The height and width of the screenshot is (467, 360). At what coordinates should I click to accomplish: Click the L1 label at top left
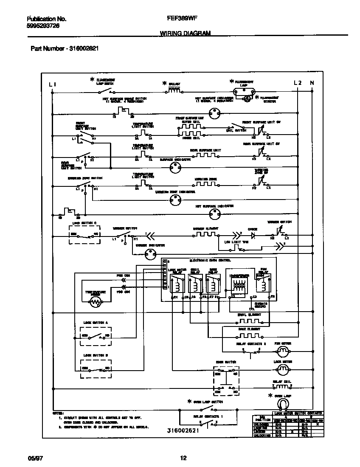[x=52, y=84]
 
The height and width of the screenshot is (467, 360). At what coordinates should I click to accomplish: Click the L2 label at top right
[x=298, y=83]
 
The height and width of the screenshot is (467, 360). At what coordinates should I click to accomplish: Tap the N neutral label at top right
[x=312, y=83]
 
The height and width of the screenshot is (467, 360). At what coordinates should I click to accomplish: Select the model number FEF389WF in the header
[x=180, y=19]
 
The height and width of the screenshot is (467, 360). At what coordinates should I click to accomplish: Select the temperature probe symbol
[x=96, y=302]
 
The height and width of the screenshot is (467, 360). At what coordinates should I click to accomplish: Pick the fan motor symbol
[x=283, y=351]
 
